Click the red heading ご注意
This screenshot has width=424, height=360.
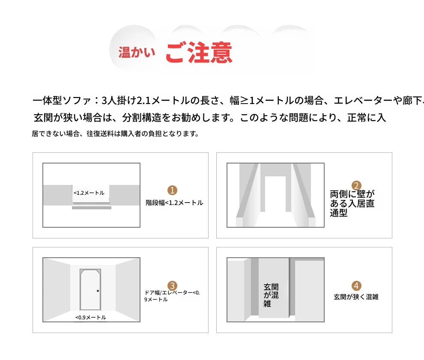point(199,52)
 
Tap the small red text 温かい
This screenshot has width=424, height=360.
point(137,52)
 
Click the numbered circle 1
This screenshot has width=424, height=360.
point(172,190)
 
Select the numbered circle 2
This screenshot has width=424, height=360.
point(356,185)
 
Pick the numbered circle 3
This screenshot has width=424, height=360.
point(172,286)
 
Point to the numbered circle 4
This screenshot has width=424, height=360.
point(356,286)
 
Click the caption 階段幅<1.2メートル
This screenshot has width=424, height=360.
point(174,203)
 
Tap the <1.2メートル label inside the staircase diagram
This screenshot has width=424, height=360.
point(89,193)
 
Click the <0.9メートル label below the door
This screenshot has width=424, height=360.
point(91,317)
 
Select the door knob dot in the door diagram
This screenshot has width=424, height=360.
point(98,291)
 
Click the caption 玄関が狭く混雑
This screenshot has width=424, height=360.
point(356,297)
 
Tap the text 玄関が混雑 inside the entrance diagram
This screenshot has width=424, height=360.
point(271,295)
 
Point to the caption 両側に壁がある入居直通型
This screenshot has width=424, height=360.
point(352,203)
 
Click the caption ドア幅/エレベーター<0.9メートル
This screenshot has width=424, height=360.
point(172,296)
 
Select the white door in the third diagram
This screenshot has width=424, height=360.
point(90,290)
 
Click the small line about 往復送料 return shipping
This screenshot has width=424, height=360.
point(116,134)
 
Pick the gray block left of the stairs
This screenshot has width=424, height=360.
point(57,195)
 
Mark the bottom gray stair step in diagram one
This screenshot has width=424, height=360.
point(92,208)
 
